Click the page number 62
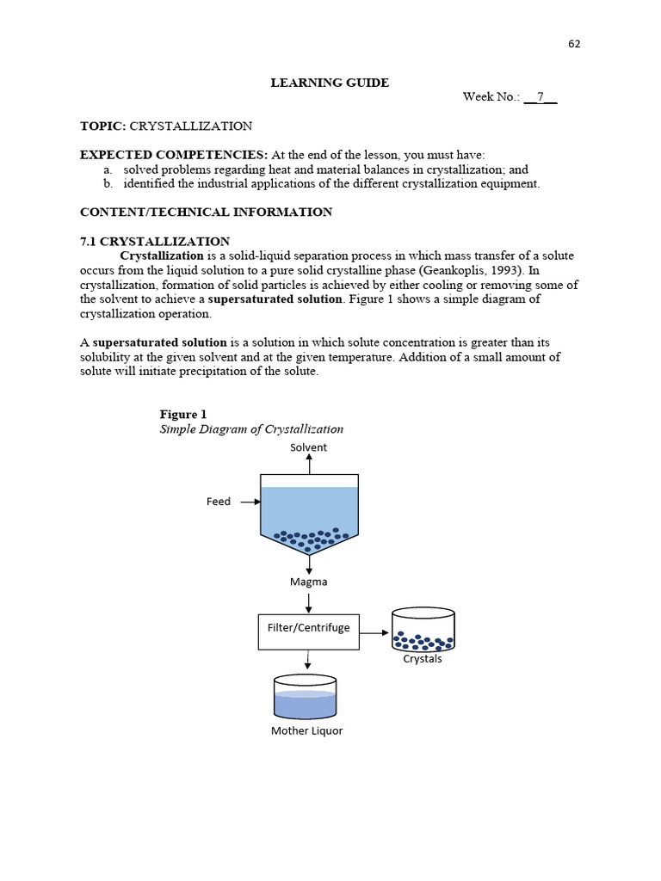coord(574,45)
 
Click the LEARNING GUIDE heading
coord(330,83)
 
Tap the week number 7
coord(541,96)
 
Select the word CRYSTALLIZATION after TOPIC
coord(191,126)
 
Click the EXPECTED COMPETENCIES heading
coord(174,155)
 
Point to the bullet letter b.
coord(108,184)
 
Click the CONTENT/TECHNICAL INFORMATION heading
coord(206,212)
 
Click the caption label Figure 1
coord(183,414)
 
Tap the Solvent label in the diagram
coord(308,447)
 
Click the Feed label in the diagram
coord(219,502)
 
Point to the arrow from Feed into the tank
coord(250,502)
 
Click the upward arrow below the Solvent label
coord(309,465)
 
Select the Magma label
coord(308,582)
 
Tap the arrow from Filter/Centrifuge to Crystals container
coord(374,632)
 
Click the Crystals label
coord(423,659)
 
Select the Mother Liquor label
coord(306,731)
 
